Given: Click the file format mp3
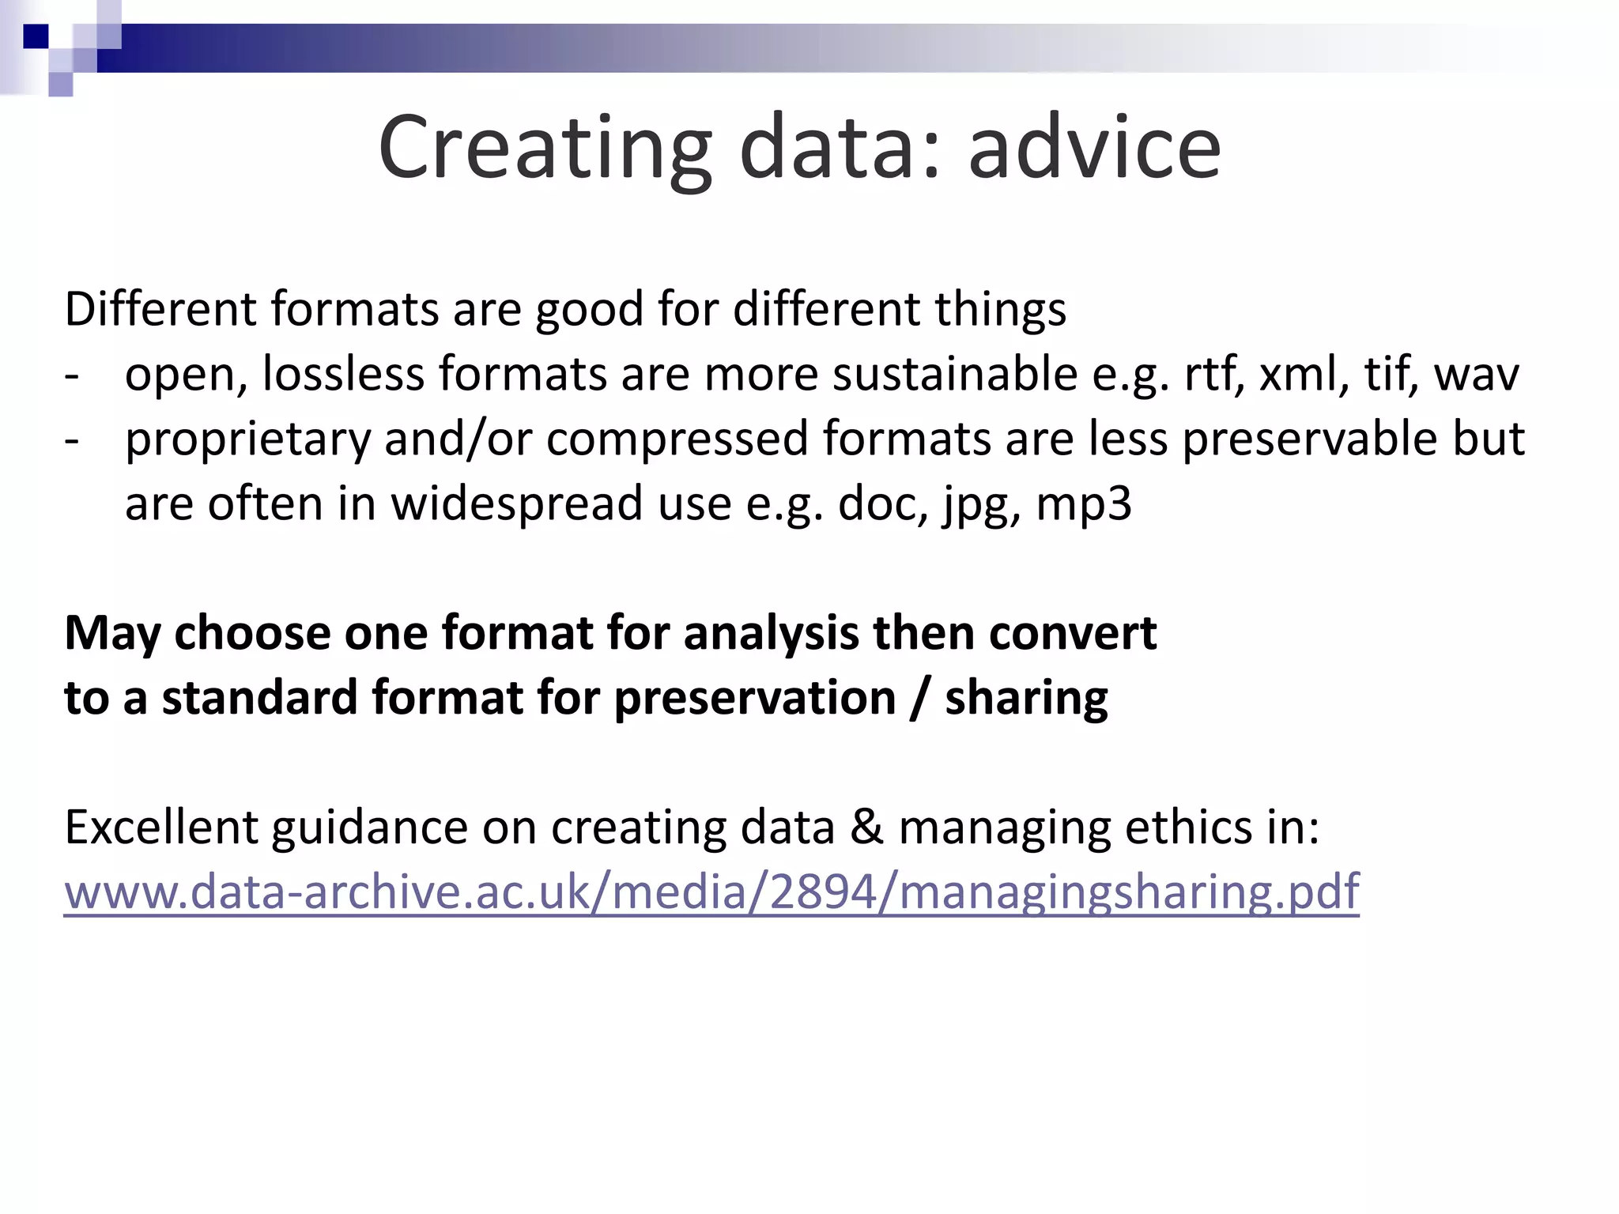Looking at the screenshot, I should click(x=1084, y=504).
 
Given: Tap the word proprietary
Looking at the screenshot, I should click(x=247, y=439).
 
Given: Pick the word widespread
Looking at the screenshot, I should click(x=517, y=503).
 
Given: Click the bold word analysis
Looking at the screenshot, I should click(x=771, y=634).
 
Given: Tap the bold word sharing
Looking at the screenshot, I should click(x=1026, y=699).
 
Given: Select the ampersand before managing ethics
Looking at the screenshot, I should click(x=866, y=828).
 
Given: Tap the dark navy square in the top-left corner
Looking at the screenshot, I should click(x=36, y=36).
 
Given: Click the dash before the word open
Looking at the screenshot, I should click(x=72, y=375).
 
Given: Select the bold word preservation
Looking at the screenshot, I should click(x=755, y=699).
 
